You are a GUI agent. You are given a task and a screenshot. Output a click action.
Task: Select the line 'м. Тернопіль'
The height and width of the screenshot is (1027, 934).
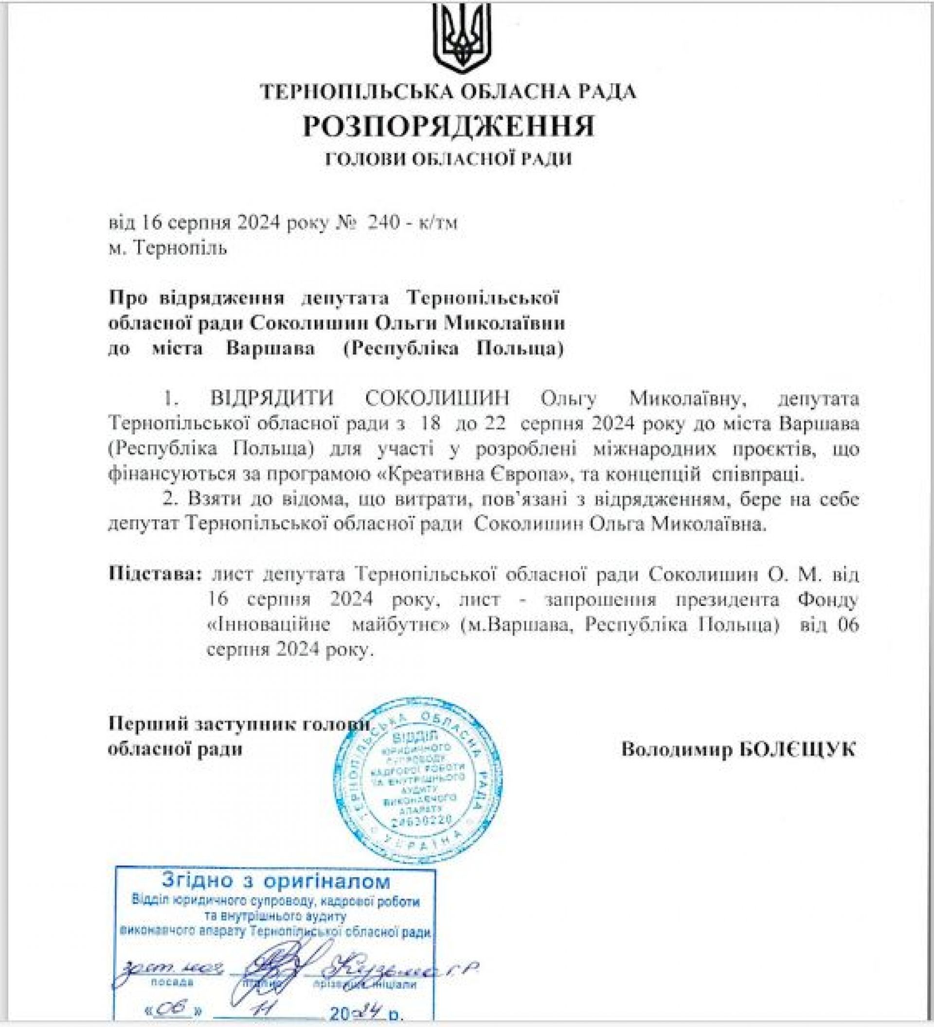(168, 248)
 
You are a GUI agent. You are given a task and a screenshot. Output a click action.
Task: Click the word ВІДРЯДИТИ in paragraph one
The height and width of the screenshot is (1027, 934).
(272, 398)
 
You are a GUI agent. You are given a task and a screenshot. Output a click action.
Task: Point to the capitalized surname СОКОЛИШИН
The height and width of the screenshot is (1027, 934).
(438, 398)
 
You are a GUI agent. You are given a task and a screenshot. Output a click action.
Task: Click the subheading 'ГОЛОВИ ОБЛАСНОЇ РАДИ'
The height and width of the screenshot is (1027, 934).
(449, 159)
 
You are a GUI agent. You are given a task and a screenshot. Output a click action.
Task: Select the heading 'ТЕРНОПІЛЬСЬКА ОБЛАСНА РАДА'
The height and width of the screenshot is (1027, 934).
(449, 92)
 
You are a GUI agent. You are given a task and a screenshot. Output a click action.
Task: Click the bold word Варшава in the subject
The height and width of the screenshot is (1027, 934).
(270, 350)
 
